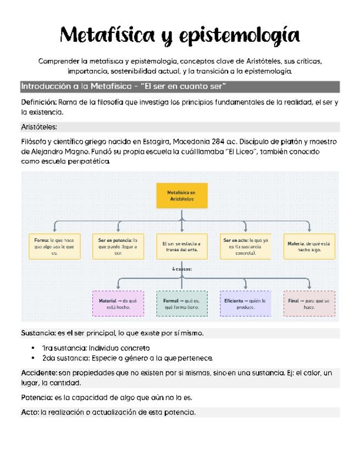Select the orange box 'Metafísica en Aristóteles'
click(182, 196)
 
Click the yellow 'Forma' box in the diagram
click(54, 247)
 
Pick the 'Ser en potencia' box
click(118, 247)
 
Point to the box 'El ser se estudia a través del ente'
click(182, 247)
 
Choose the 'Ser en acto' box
click(246, 247)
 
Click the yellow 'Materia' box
click(309, 246)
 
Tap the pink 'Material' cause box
click(118, 304)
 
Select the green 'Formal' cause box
click(182, 304)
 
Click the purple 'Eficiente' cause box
click(246, 304)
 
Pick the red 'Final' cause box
click(309, 304)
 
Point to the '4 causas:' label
click(182, 270)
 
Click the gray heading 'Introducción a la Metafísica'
click(124, 87)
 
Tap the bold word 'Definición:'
click(38, 102)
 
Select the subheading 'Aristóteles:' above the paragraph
click(38, 127)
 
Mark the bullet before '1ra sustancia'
click(35, 348)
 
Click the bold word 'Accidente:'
click(39, 373)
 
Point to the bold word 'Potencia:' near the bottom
click(37, 397)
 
